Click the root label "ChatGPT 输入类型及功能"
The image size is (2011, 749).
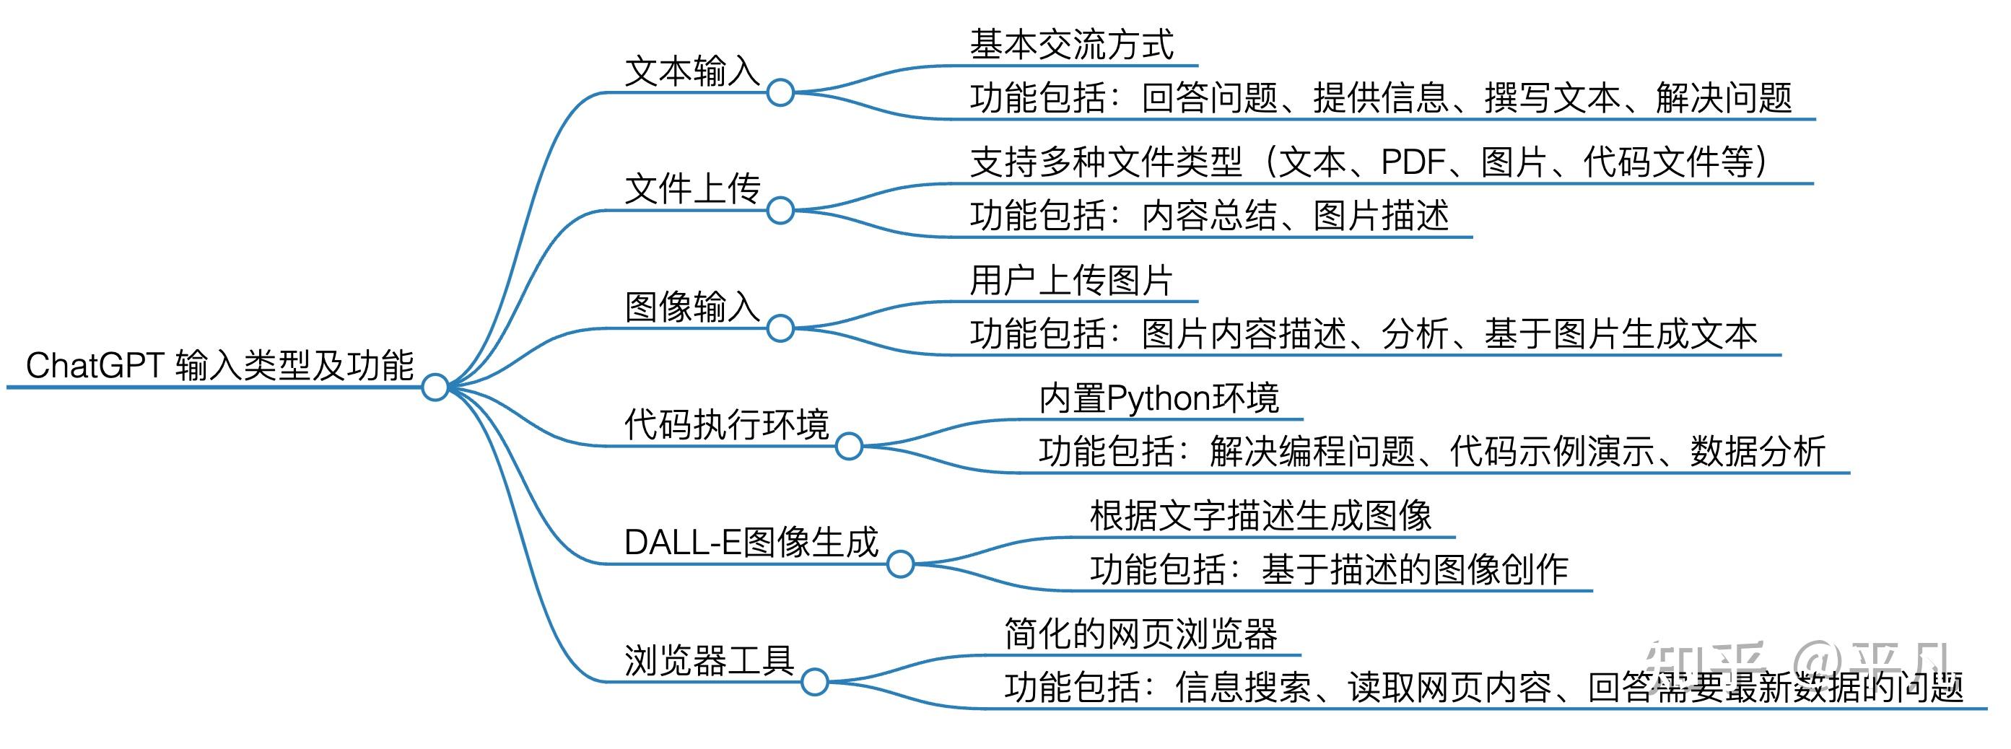219,365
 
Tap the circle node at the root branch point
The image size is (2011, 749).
435,386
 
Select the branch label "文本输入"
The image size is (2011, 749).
692,71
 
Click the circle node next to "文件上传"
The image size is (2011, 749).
780,210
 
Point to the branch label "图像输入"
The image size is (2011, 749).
692,307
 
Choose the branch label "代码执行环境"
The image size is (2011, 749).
726,424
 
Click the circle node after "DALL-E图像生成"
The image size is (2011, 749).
900,564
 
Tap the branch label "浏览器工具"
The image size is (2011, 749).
709,661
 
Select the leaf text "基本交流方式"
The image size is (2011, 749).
1071,45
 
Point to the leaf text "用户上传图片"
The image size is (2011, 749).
1071,280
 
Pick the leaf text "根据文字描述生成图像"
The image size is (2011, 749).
1260,516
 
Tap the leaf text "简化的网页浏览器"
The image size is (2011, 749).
1140,634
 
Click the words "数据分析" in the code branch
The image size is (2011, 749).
1758,451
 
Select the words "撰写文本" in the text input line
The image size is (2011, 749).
1552,98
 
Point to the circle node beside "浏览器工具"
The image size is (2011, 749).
814,681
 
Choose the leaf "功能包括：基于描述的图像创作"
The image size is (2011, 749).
1329,569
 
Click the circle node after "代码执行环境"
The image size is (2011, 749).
849,445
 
